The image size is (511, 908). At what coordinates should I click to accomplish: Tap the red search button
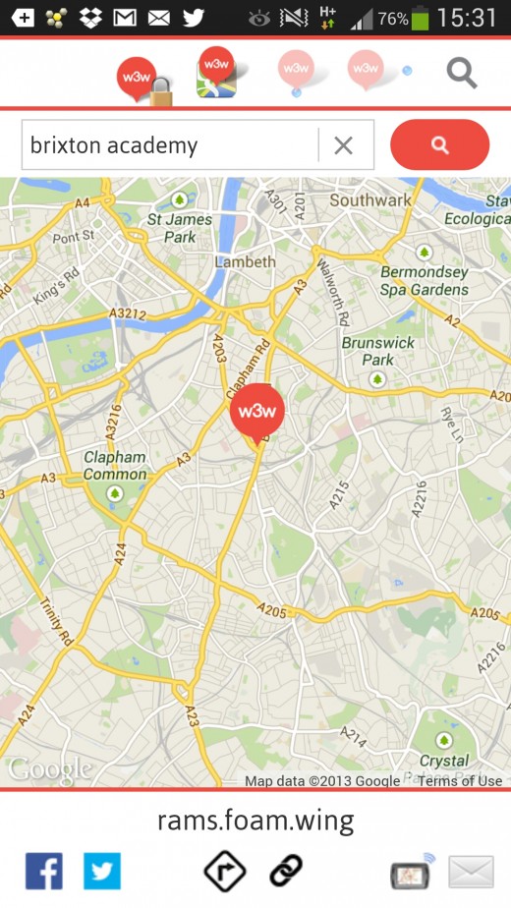click(x=439, y=145)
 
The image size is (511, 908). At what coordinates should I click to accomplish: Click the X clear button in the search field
click(x=343, y=145)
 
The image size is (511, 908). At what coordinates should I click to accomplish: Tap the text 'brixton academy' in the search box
click(x=114, y=146)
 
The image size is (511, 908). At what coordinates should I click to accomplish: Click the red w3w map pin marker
click(x=256, y=412)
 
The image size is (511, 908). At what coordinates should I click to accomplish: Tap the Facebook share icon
click(x=44, y=870)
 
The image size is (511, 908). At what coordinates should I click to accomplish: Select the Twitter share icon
click(x=102, y=870)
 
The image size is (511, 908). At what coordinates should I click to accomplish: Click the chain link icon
click(x=286, y=870)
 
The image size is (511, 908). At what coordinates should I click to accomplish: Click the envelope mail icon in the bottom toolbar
click(x=471, y=872)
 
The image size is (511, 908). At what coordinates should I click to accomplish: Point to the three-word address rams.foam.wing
click(x=255, y=821)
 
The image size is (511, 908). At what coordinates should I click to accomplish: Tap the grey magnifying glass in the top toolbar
click(x=461, y=72)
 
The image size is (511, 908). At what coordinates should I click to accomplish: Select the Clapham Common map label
click(x=115, y=466)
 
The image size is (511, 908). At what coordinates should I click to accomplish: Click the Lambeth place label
click(x=246, y=262)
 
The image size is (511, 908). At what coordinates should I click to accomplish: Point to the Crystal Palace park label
click(x=444, y=761)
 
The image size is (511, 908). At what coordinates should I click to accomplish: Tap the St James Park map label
click(x=179, y=228)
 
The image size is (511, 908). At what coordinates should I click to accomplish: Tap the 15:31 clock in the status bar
click(x=468, y=18)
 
